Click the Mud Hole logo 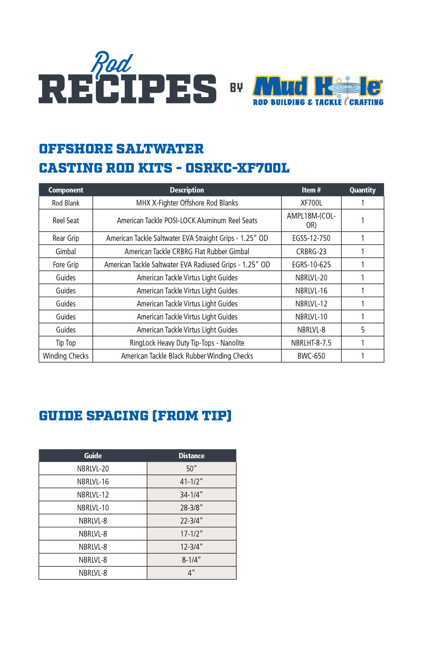click(318, 90)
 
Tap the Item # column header click(311, 190)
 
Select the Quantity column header click(362, 190)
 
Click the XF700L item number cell click(311, 203)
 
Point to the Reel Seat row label click(66, 221)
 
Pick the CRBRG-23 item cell click(311, 252)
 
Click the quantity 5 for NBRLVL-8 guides click(363, 330)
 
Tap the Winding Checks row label click(66, 356)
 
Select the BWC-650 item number click(311, 356)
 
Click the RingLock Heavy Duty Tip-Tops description click(187, 343)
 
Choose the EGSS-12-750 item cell click(311, 238)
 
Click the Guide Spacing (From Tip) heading click(135, 416)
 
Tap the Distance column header click(191, 456)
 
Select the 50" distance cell click(191, 469)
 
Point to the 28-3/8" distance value click(191, 508)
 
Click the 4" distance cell click(191, 573)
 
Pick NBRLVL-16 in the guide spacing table click(93, 482)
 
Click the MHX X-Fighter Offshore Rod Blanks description click(187, 203)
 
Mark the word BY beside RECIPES click(236, 88)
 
